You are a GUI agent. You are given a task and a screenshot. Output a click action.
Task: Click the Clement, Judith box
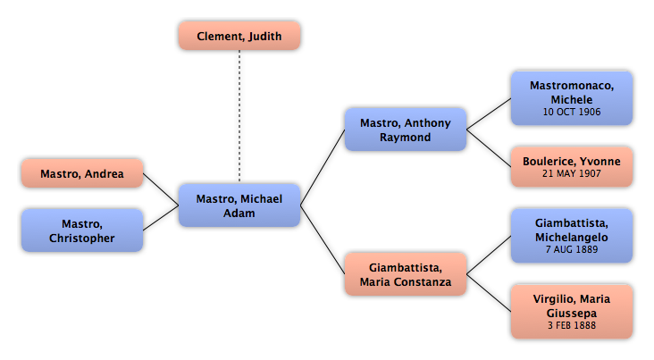[x=239, y=36]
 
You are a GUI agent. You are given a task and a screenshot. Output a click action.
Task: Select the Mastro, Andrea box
[x=82, y=173]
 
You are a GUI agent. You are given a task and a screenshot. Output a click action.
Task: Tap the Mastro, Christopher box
[x=82, y=230]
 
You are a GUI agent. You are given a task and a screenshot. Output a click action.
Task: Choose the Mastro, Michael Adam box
[x=239, y=205]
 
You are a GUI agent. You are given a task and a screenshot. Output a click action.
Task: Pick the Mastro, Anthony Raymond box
[x=406, y=130]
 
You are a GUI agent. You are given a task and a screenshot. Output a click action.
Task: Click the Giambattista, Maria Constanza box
[x=406, y=274]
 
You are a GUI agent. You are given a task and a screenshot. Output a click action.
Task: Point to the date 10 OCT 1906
[x=572, y=112]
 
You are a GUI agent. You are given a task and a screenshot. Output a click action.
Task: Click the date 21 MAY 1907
[x=572, y=173]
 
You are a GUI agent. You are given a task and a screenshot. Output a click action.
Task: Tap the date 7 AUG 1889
[x=572, y=249]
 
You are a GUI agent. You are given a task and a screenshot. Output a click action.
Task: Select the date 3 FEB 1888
[x=572, y=325]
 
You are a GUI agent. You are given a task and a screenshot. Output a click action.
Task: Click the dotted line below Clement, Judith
[x=239, y=116]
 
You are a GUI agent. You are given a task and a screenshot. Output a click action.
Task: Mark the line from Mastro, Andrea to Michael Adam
[x=161, y=189]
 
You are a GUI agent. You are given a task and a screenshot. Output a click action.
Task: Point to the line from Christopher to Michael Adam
[x=161, y=218]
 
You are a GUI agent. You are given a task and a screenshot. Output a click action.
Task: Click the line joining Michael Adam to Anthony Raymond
[x=323, y=167]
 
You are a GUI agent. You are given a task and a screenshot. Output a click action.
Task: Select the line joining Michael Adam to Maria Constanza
[x=323, y=239]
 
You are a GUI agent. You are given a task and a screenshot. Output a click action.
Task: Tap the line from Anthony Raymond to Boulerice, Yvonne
[x=489, y=148]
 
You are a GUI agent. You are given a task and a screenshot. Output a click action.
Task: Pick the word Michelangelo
[x=572, y=238]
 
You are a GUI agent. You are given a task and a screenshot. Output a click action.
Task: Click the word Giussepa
[x=572, y=314]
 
